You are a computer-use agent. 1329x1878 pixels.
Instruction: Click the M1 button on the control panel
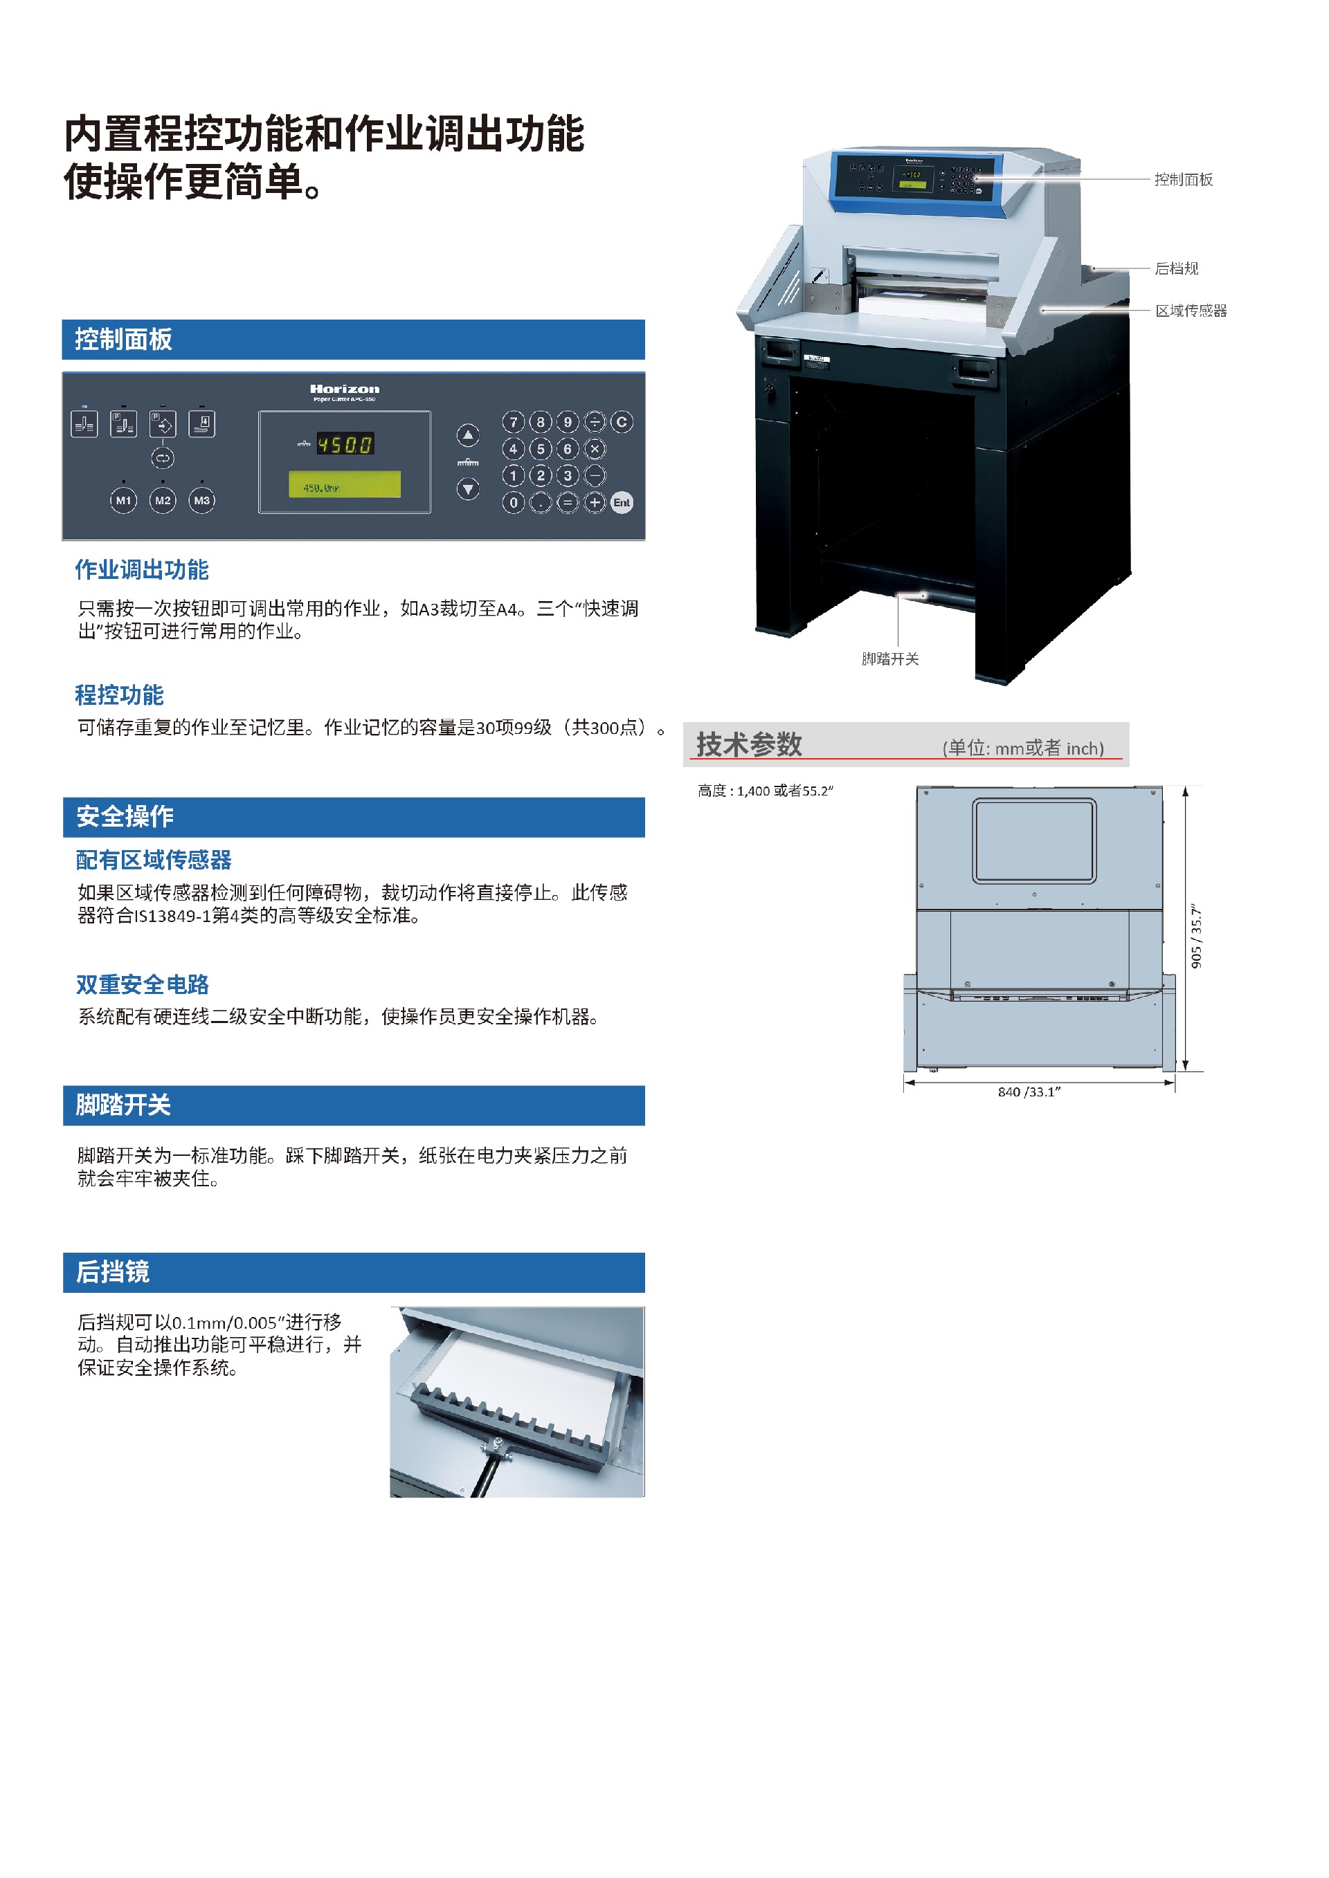[x=124, y=500]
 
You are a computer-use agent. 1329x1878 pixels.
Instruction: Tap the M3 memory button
[x=201, y=500]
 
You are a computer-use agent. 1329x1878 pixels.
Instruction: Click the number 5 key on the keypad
[x=540, y=449]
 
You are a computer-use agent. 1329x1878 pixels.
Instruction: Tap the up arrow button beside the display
[x=467, y=435]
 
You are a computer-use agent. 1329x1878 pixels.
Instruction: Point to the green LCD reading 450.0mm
[x=345, y=484]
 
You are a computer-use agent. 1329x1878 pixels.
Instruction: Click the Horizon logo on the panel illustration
[x=345, y=389]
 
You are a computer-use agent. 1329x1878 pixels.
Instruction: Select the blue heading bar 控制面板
[x=353, y=340]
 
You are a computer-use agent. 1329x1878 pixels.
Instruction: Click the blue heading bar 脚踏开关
[x=353, y=1105]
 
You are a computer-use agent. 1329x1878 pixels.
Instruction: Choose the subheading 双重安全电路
[x=143, y=984]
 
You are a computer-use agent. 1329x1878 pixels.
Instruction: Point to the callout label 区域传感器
[x=1191, y=311]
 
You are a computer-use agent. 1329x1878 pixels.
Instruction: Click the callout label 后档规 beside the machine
[x=1176, y=268]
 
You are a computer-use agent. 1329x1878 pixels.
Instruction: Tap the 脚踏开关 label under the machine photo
[x=889, y=659]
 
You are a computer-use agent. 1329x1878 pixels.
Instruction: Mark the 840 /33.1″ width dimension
[x=1029, y=1092]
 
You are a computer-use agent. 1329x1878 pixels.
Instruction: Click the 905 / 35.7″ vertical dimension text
[x=1196, y=937]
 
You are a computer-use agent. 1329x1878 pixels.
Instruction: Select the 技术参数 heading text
[x=749, y=744]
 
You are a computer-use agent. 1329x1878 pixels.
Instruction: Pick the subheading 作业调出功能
[x=143, y=569]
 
